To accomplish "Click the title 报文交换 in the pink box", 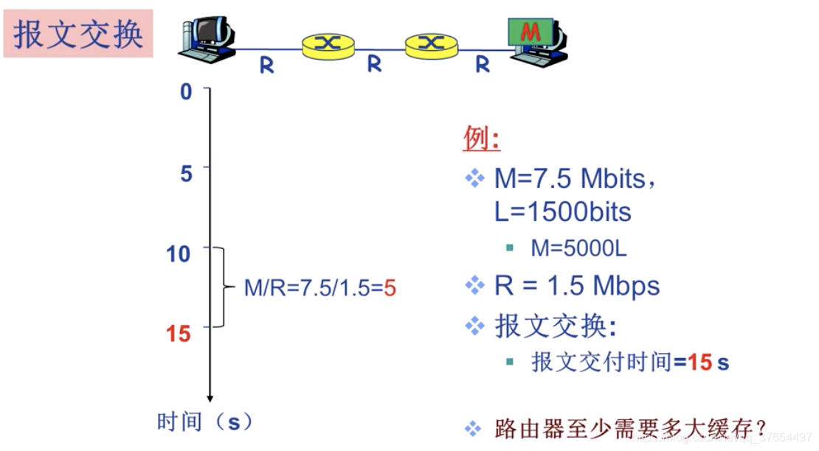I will (77, 34).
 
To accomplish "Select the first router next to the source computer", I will (328, 44).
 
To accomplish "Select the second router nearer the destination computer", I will (432, 44).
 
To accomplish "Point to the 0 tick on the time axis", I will (186, 92).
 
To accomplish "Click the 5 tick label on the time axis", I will (186, 173).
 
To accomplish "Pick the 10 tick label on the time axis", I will (179, 254).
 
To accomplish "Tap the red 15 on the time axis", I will (179, 334).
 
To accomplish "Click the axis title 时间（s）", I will (205, 422).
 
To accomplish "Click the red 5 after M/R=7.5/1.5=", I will (390, 288).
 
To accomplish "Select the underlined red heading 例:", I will (481, 139).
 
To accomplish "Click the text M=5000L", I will (578, 248).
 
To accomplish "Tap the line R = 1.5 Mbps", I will (576, 286).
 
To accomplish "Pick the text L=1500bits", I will (562, 212).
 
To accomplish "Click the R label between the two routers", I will (375, 65).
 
